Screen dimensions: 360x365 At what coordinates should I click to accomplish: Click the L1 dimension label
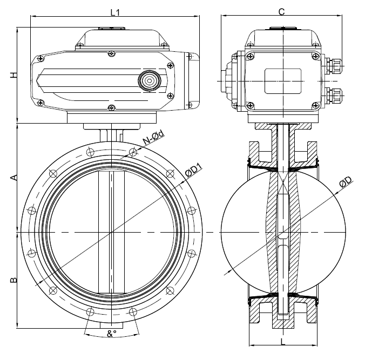115,11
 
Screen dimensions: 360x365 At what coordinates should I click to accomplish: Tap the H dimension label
15,76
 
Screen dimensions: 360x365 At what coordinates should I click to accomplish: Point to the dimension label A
15,178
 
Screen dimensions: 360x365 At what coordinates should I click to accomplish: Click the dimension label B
15,280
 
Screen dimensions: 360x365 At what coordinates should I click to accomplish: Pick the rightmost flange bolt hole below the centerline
190,253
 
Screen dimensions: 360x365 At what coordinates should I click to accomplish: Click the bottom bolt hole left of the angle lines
90,311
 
